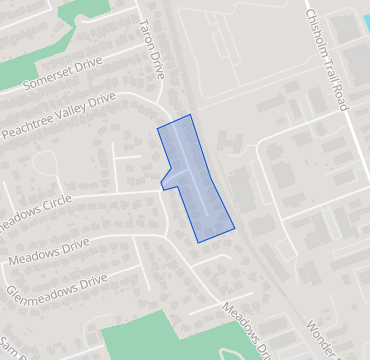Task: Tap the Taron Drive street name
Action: pyautogui.click(x=151, y=51)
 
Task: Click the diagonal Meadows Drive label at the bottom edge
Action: pyautogui.click(x=246, y=329)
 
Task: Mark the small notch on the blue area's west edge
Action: pyautogui.click(x=162, y=185)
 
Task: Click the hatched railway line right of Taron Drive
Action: pyautogui.click(x=176, y=70)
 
